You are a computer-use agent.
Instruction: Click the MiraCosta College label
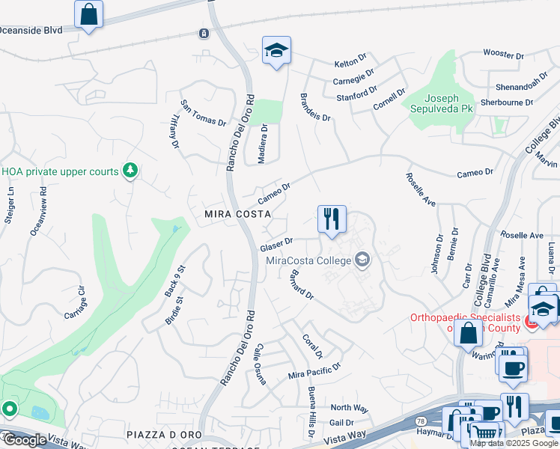(x=308, y=260)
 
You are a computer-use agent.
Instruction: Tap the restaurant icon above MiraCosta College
(x=332, y=219)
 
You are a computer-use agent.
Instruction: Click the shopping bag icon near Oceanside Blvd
(x=89, y=14)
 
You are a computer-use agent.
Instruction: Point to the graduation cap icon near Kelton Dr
(x=276, y=51)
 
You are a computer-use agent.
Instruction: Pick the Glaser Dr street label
(x=276, y=245)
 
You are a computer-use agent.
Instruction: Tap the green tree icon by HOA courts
(x=130, y=171)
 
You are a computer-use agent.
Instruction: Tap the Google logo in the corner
(x=25, y=439)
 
